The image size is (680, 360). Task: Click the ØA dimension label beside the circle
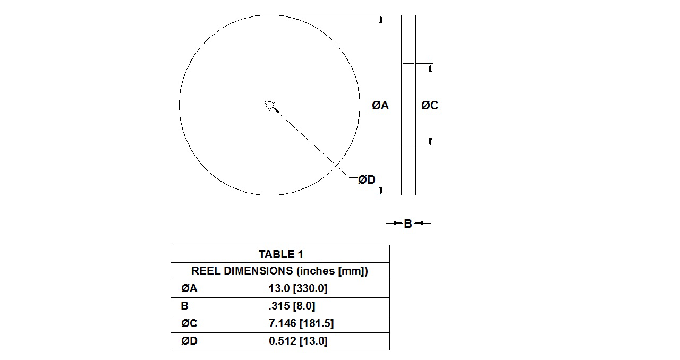click(x=380, y=106)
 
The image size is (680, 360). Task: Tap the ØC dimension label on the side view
click(x=430, y=106)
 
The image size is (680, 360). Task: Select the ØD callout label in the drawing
click(x=367, y=180)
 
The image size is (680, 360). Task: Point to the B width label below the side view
click(x=407, y=224)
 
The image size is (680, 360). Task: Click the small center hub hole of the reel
click(x=269, y=106)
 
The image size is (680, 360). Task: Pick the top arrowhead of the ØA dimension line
click(x=380, y=19)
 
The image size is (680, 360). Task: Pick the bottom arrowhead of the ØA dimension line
click(x=380, y=191)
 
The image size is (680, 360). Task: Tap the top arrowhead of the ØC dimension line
click(x=430, y=67)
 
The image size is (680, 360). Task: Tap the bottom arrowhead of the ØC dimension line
click(x=430, y=142)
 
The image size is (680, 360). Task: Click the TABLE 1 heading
click(x=280, y=254)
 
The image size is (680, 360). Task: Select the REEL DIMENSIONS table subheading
click(x=279, y=271)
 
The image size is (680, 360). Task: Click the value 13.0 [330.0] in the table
click(x=297, y=289)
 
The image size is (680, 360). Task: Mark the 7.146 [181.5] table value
click(x=301, y=323)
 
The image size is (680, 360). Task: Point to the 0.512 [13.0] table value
click(x=297, y=341)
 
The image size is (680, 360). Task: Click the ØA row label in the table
click(x=189, y=289)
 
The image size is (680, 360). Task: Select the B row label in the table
click(x=184, y=306)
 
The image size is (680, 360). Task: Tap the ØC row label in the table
click(x=189, y=323)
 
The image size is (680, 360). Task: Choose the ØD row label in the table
click(x=189, y=341)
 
